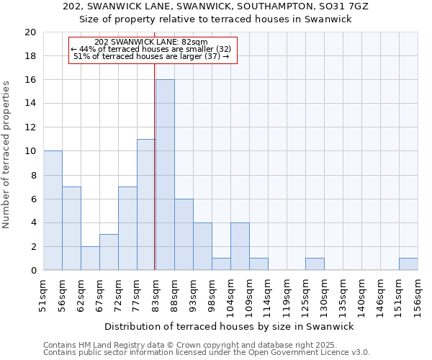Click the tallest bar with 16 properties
pyautogui.click(x=165, y=175)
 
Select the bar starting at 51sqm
pyautogui.click(x=53, y=210)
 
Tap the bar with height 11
pyautogui.click(x=146, y=204)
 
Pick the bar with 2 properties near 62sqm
pyautogui.click(x=90, y=258)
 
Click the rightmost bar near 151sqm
pyautogui.click(x=408, y=264)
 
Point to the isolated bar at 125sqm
pyautogui.click(x=315, y=264)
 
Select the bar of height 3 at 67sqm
pyautogui.click(x=109, y=252)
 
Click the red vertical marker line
pyautogui.click(x=155, y=180)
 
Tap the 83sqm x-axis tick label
pyautogui.click(x=156, y=296)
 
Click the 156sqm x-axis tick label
pyautogui.click(x=418, y=296)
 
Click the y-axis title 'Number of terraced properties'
pyautogui.click(x=6, y=155)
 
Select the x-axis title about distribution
pyautogui.click(x=230, y=327)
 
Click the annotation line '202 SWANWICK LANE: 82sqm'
pyautogui.click(x=151, y=42)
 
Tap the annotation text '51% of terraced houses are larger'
pyautogui.click(x=151, y=56)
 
